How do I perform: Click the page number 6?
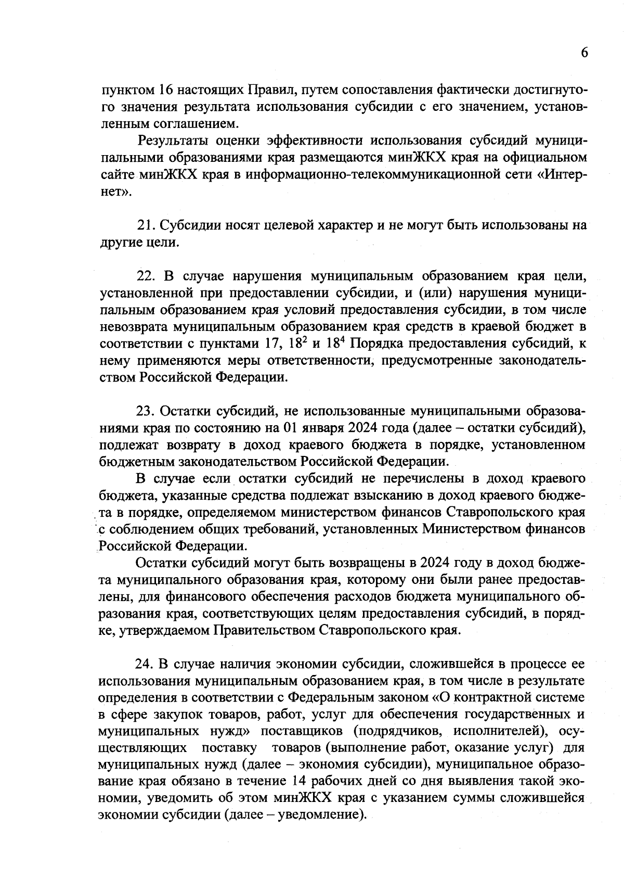(584, 53)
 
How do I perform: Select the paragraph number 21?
(145, 225)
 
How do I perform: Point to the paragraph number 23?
(145, 411)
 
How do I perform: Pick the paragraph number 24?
(145, 664)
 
